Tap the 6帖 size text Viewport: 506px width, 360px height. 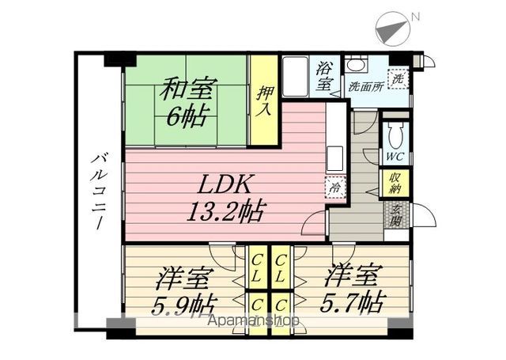coord(186,117)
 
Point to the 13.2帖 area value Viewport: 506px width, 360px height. coord(226,210)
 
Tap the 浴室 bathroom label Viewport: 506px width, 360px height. coord(324,74)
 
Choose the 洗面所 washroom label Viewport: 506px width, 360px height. coord(365,86)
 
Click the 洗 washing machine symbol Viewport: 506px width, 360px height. coord(399,79)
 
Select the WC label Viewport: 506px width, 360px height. coord(395,157)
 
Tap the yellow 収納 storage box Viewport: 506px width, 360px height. coord(395,184)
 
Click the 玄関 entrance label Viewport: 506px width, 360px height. coord(395,214)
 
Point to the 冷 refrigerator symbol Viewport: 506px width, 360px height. coord(334,188)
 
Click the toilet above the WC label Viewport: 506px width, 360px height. coord(395,131)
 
